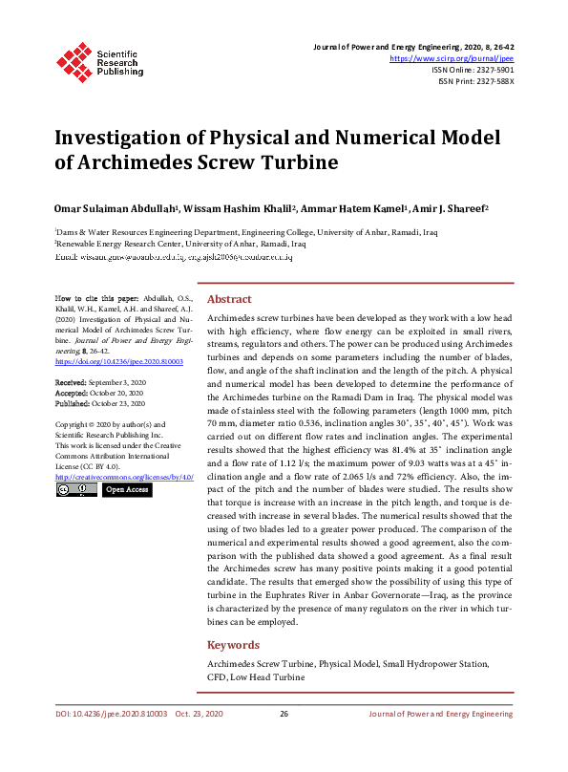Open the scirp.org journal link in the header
coord(458,58)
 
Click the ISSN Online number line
coord(473,70)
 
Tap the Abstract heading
coord(229,298)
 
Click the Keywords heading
coord(233,645)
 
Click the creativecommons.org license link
coord(125,476)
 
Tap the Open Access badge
coord(127,490)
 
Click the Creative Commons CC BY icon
coord(76,490)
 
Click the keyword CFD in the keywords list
coord(217,676)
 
